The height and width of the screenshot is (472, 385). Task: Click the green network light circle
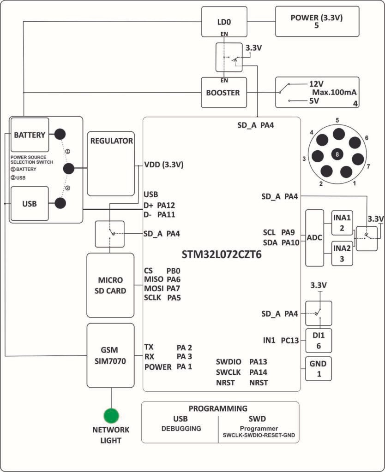(111, 416)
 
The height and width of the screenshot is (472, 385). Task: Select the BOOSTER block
(223, 93)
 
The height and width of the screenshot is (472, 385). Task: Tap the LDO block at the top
(223, 22)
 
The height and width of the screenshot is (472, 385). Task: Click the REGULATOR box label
(111, 141)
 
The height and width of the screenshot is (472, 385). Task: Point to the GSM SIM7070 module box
(111, 355)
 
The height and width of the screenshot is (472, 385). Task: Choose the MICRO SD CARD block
(110, 285)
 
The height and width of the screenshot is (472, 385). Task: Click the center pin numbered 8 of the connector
(337, 155)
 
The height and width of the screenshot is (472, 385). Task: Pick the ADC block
(315, 238)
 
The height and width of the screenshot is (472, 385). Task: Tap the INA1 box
(342, 223)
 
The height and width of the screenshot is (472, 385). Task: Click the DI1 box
(319, 341)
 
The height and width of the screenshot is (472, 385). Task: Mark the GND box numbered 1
(319, 368)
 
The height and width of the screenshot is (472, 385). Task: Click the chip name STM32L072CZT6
(221, 254)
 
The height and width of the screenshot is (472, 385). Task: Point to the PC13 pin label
(290, 341)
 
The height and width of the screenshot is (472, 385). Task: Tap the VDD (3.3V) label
(164, 165)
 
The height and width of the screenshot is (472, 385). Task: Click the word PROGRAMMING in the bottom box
(218, 408)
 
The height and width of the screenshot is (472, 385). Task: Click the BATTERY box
(30, 135)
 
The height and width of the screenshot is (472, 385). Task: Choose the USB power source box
(30, 203)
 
